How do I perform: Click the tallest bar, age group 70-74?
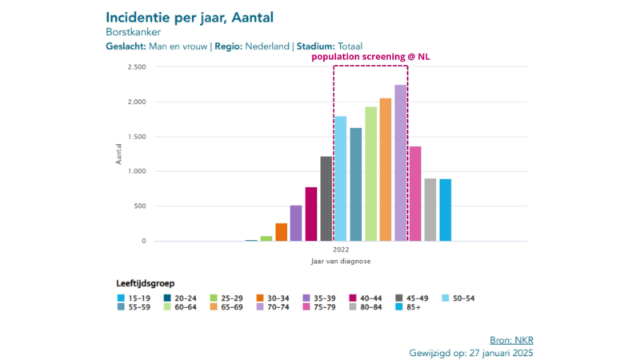point(401,163)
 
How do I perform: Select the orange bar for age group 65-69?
point(386,170)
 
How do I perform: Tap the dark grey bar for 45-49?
point(326,198)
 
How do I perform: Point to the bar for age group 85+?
point(446,210)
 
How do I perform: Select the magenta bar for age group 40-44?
point(311,214)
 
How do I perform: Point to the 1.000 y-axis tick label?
point(136,171)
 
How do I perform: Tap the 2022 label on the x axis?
point(341,250)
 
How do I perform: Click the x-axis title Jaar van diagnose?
point(341,262)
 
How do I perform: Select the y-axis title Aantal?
point(119,154)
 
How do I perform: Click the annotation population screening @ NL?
point(370,58)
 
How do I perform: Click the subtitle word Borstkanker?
point(134,32)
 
